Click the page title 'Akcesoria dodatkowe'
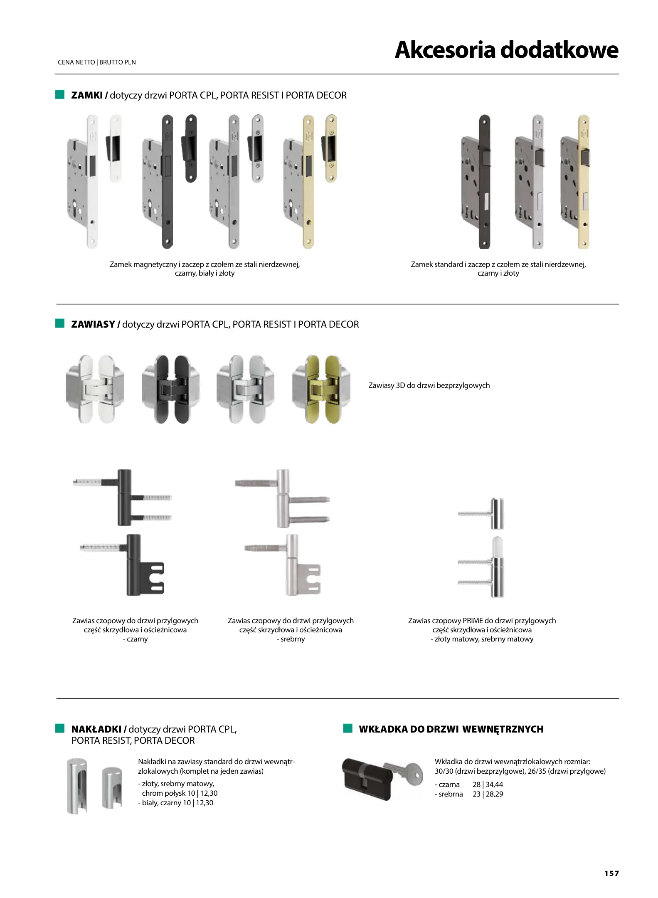[506, 50]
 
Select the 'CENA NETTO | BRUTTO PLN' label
[97, 62]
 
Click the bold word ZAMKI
[87, 95]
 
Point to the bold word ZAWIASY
[93, 324]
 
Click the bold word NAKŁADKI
[96, 729]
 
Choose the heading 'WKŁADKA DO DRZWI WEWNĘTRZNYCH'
[451, 729]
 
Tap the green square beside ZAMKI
[60, 94]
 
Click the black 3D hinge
[170, 389]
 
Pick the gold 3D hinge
[321, 389]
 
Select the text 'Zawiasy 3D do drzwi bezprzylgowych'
[429, 385]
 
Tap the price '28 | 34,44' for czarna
[488, 785]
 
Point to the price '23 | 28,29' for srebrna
[488, 794]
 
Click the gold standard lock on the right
[575, 183]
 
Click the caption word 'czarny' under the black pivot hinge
[137, 639]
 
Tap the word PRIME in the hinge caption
[473, 621]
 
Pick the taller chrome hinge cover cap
[77, 786]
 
